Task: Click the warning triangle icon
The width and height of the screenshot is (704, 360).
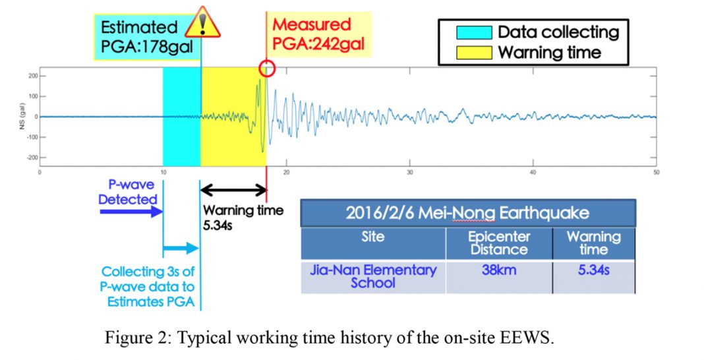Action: coord(202,22)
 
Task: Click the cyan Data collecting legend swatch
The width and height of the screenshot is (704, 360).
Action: coord(474,33)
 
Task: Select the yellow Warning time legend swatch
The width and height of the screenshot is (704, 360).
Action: coord(474,53)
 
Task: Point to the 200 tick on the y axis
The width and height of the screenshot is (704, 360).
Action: coord(33,76)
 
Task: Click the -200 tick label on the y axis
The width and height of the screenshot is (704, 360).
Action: coord(32,158)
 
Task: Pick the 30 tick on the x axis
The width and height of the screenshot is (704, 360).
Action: coord(409,172)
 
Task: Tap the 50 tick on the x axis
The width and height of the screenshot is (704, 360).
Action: coord(657,172)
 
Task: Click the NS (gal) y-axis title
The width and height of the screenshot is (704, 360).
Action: coord(22,117)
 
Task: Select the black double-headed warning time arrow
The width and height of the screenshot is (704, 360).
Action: coord(233,191)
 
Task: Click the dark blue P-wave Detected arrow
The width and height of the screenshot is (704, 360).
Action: coord(131,212)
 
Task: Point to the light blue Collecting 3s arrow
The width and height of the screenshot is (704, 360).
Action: coord(181,248)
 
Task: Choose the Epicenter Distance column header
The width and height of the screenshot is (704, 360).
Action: coord(499,243)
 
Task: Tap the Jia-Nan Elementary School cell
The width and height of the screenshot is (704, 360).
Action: coord(373,276)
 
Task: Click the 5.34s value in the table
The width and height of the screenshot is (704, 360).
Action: coord(593,270)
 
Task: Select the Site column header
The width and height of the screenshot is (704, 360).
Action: coord(373,237)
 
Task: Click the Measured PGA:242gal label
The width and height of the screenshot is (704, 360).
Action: coord(318,34)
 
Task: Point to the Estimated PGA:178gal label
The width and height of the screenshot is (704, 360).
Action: coord(146,37)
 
